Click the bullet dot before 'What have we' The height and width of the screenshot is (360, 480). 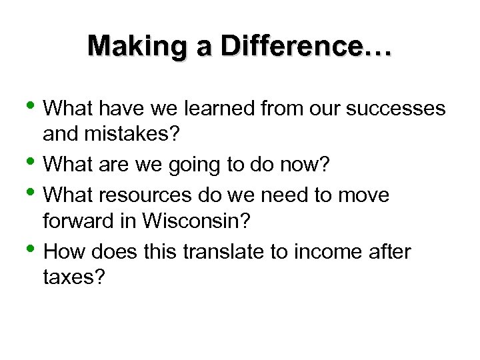(37, 106)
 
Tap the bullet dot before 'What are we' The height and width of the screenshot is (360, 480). (37, 161)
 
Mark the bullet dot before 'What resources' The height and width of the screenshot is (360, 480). (37, 194)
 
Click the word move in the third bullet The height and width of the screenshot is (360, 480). (365, 195)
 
